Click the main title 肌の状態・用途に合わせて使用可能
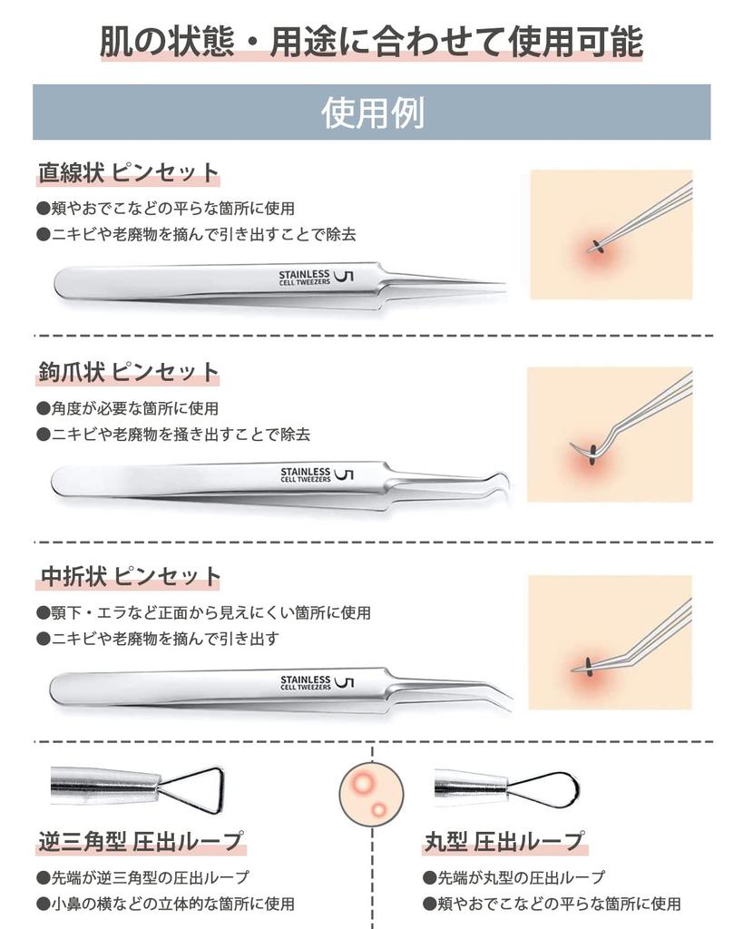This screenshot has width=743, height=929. coord(371,42)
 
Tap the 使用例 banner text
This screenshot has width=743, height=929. coord(372,112)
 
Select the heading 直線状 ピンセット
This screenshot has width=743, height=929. coord(128,172)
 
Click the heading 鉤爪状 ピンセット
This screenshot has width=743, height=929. coord(128,372)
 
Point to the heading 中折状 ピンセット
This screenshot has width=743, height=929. coord(130,576)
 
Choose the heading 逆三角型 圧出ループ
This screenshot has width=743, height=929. coord(141,841)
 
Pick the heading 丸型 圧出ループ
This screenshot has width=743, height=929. coord(504,841)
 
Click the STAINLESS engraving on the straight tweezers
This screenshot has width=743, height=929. coord(304,274)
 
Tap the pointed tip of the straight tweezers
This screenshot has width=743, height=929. coord(504,286)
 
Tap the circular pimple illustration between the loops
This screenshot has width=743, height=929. coord(372,794)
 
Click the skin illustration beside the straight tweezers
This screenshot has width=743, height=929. coord(611,235)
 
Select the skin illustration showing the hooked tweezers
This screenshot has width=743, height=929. coord(610,435)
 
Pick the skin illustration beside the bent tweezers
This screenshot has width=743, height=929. coord(610,642)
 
